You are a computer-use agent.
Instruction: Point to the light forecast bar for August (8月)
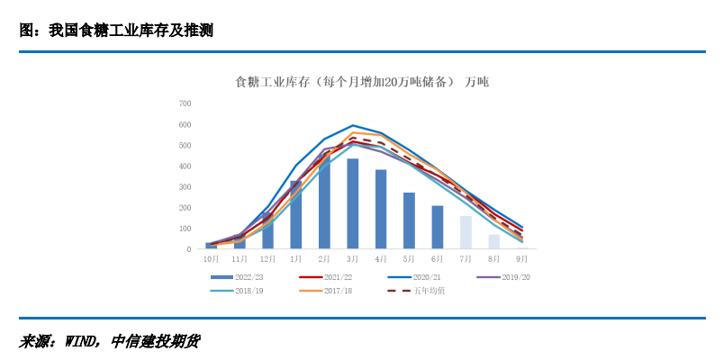(494, 241)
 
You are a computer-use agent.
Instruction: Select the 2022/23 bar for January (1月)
(296, 215)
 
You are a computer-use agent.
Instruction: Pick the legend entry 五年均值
(429, 290)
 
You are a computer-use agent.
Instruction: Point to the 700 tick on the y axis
(185, 103)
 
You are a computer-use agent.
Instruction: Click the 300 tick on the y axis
(185, 187)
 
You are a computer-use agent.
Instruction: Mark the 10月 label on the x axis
(212, 259)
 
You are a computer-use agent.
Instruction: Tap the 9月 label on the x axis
(522, 259)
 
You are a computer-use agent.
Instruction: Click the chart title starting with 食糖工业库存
(361, 82)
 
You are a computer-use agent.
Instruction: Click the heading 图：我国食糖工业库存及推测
(116, 31)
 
